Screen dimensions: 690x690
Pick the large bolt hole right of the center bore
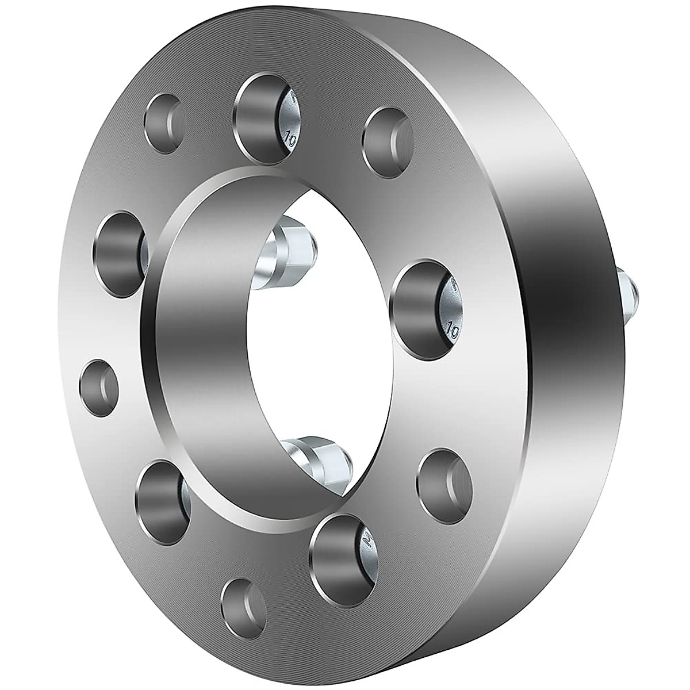tap(424, 305)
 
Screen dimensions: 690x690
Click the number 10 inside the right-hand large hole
tap(451, 331)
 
